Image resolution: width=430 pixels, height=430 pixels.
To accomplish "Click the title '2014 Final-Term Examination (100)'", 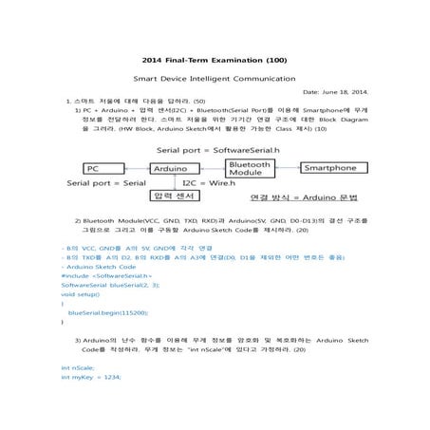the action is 215,59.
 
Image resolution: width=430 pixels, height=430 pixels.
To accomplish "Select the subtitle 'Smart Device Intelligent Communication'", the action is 215,79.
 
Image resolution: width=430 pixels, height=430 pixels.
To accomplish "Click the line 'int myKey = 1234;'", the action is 91,377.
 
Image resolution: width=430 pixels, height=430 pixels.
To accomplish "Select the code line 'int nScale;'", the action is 78,366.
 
